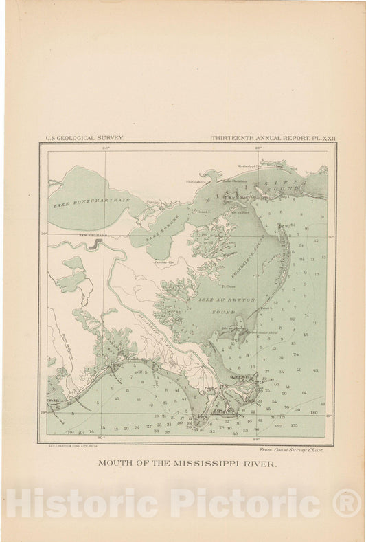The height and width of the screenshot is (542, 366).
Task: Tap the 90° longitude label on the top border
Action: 106,147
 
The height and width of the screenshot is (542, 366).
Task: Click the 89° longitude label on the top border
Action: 258,147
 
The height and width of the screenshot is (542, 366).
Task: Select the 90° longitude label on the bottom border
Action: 104,438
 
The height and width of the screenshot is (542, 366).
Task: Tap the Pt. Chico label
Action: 227,281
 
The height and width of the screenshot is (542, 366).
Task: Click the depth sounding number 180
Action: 313,412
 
